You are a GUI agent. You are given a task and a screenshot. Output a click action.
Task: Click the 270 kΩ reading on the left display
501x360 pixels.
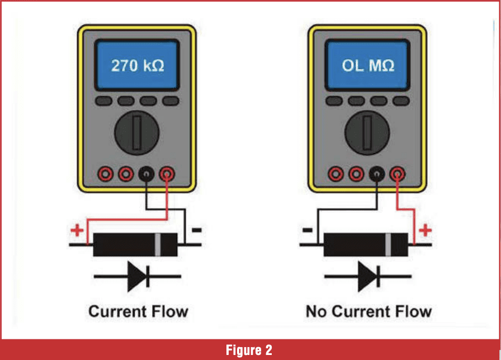point(137,66)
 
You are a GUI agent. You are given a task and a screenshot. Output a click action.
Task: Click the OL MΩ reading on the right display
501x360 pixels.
point(368,66)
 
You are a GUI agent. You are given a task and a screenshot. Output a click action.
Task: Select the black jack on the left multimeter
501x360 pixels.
point(146,175)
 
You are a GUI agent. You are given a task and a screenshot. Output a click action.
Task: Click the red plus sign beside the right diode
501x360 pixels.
point(426,230)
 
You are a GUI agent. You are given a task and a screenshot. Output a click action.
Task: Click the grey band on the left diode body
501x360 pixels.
point(158,244)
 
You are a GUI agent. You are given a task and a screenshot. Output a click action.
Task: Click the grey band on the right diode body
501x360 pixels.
point(388,244)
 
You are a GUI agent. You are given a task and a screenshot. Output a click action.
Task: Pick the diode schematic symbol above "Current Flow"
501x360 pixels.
point(138,276)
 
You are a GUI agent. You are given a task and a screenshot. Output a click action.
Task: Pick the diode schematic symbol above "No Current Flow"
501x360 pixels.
point(368,276)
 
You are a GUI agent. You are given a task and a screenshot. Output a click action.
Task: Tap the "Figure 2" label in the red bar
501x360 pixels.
point(249,350)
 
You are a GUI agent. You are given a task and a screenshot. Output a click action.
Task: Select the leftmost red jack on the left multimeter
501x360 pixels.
point(106,175)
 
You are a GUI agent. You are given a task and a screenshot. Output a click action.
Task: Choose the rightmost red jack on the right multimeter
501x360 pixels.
point(398,175)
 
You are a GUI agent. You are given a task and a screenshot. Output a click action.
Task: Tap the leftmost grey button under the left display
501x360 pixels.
point(104,101)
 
